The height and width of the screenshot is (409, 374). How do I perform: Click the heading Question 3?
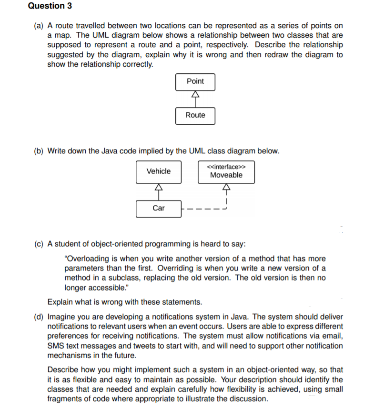tap(46, 6)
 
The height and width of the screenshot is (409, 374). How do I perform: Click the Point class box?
tap(195, 81)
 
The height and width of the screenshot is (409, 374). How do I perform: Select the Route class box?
tap(195, 115)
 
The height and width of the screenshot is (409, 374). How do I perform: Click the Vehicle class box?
tap(158, 171)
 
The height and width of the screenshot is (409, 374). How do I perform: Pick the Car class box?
tap(158, 208)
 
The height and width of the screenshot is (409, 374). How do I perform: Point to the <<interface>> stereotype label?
tap(226, 167)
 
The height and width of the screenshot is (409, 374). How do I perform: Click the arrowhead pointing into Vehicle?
tap(158, 188)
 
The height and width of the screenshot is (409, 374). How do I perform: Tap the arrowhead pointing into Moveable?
tap(226, 188)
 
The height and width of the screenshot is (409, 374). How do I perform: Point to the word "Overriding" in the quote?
tap(226, 268)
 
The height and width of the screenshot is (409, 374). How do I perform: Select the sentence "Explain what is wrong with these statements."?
tap(124, 302)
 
